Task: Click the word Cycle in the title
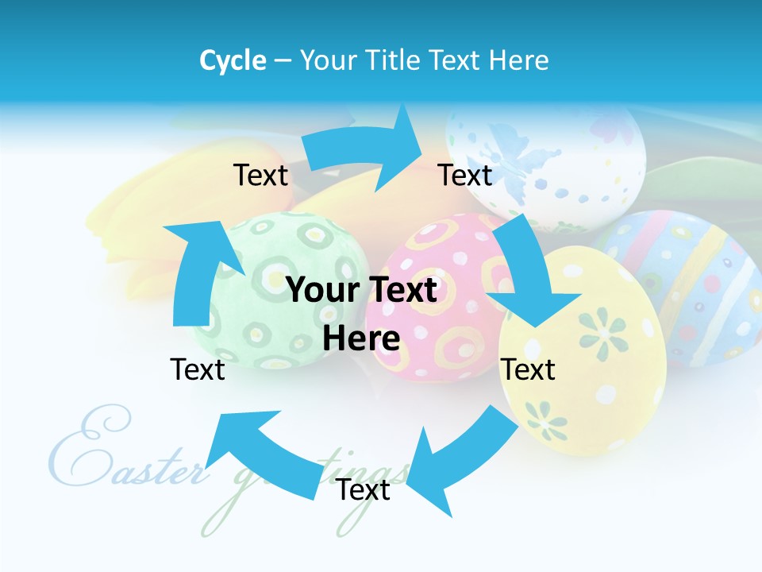[x=233, y=60]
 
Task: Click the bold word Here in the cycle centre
[x=361, y=338]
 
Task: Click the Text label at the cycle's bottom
[x=363, y=490]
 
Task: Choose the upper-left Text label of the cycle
[x=260, y=176]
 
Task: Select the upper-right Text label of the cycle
[x=465, y=176]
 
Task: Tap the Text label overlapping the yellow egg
[x=528, y=369]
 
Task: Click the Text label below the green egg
[x=198, y=369]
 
